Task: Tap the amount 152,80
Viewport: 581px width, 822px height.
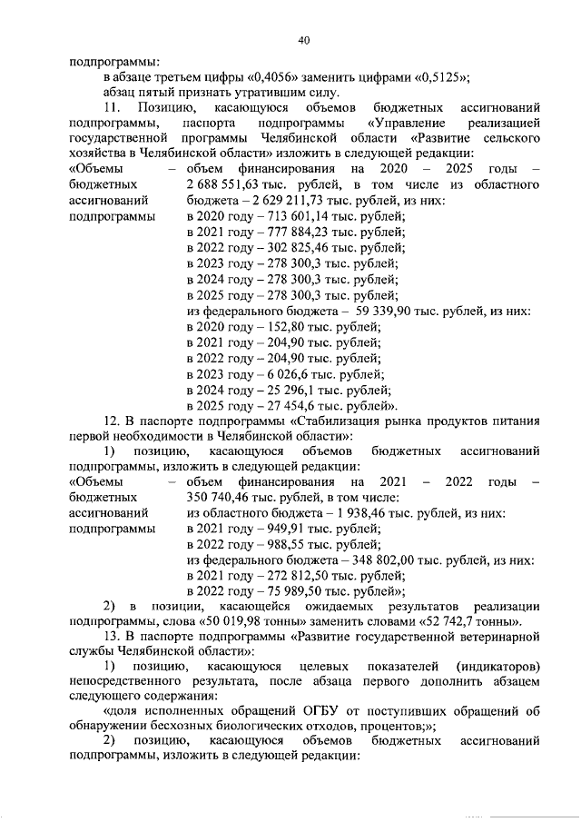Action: tap(278, 326)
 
